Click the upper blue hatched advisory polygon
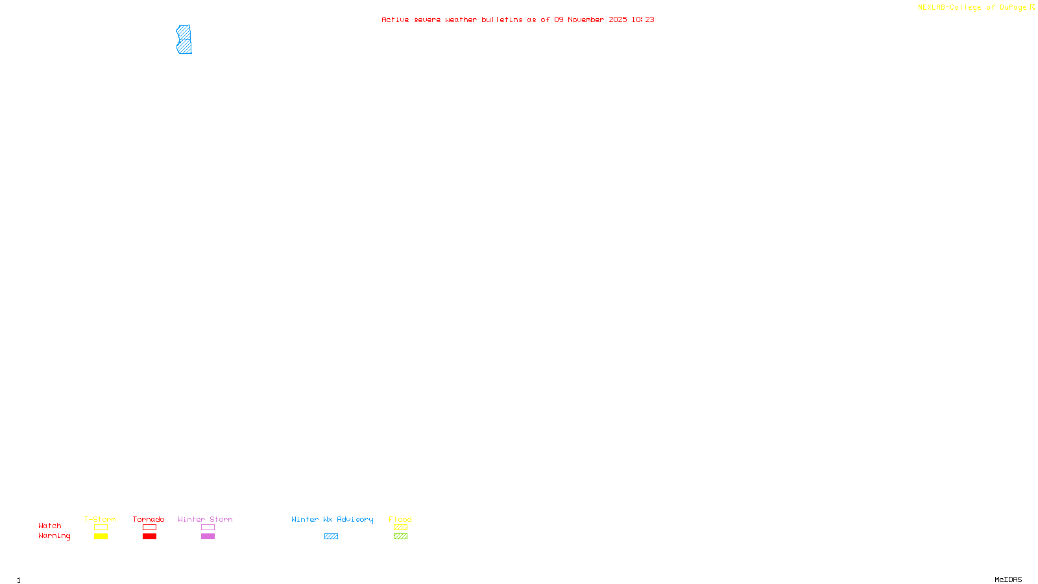pyautogui.click(x=184, y=32)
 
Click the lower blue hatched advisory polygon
pyautogui.click(x=184, y=47)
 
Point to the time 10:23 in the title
pyautogui.click(x=643, y=19)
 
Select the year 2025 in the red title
pyautogui.click(x=618, y=19)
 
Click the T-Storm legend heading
pyautogui.click(x=100, y=519)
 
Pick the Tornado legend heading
pyautogui.click(x=149, y=519)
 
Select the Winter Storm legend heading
pyautogui.click(x=205, y=519)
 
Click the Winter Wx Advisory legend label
pyautogui.click(x=332, y=519)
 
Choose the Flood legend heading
pyautogui.click(x=400, y=519)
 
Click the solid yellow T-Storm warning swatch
pyautogui.click(x=101, y=537)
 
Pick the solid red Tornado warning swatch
pyautogui.click(x=149, y=537)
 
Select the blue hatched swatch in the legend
pyautogui.click(x=331, y=537)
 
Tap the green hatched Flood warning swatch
pyautogui.click(x=400, y=537)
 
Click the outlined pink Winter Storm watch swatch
pyautogui.click(x=208, y=528)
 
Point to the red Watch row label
pyautogui.click(x=50, y=526)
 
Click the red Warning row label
pyautogui.click(x=54, y=536)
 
